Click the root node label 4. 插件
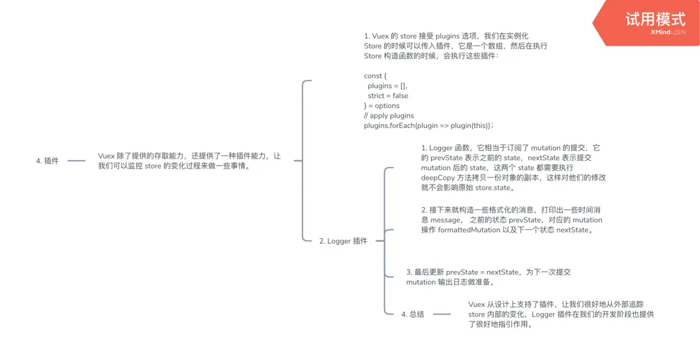[47, 161]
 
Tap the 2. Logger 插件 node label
[343, 241]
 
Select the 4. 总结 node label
[413, 314]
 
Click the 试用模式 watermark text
[655, 20]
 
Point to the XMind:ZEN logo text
[668, 33]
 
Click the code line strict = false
[388, 96]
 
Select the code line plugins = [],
[387, 86]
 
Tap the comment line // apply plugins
[389, 116]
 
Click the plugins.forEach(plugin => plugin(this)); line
[428, 125]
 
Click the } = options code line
[382, 106]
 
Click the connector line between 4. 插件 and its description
[77, 161]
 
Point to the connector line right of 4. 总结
[441, 314]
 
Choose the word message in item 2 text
[446, 220]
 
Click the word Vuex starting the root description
[106, 156]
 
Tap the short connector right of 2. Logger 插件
[380, 241]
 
